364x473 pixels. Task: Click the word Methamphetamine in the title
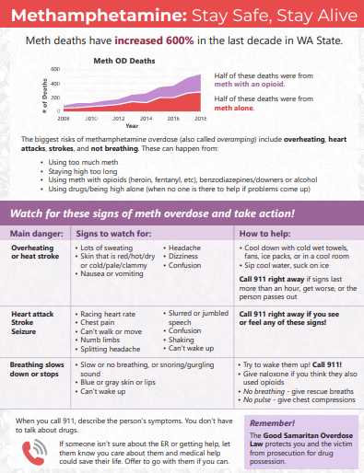point(76,17)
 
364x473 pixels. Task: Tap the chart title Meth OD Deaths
point(118,61)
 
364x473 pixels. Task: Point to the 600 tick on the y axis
point(54,69)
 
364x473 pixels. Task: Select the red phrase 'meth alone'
point(235,106)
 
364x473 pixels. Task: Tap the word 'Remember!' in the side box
point(297,423)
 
